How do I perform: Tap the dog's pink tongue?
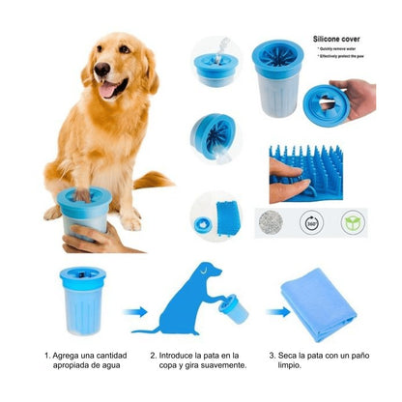click(x=109, y=90)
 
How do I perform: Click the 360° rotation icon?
click(x=310, y=221)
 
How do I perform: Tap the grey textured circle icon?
click(x=268, y=221)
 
